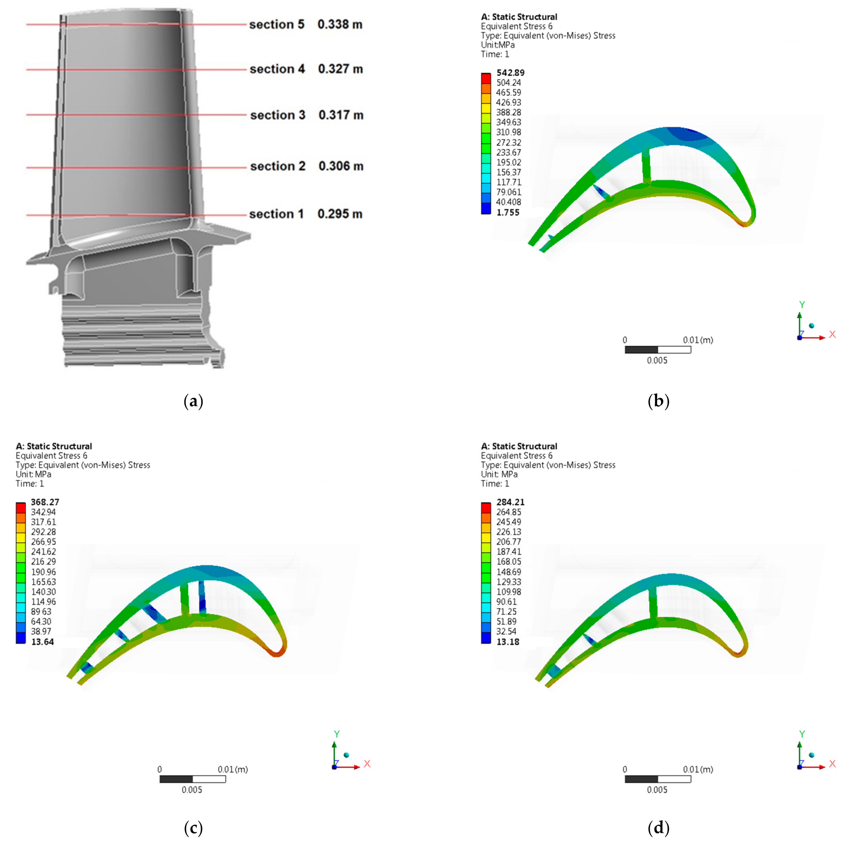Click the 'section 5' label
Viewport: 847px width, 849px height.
click(x=277, y=25)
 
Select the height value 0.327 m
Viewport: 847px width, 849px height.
click(x=341, y=69)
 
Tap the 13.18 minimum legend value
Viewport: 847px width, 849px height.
click(x=508, y=642)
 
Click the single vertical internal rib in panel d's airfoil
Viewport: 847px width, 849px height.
click(x=653, y=602)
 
